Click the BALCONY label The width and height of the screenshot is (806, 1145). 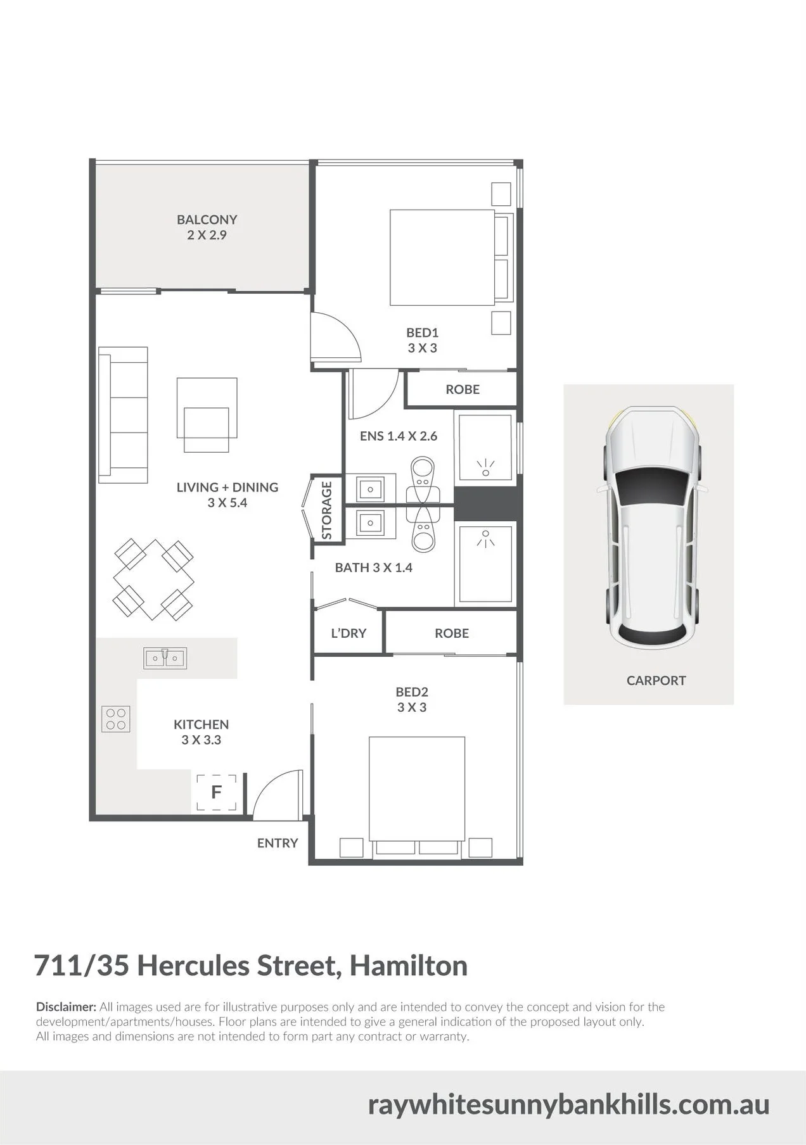[207, 220]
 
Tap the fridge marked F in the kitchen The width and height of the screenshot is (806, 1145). [217, 792]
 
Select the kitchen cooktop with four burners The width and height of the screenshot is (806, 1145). [115, 719]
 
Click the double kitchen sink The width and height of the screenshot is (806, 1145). [165, 658]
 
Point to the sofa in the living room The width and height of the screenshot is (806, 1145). [123, 415]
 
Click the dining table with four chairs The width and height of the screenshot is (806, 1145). [154, 579]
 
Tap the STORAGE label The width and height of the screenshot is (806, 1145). [327, 510]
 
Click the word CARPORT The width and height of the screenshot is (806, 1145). [656, 681]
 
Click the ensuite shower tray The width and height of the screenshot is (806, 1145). [485, 446]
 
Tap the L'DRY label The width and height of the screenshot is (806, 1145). [349, 633]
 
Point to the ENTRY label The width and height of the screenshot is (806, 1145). [278, 843]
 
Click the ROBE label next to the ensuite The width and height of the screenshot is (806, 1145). [463, 389]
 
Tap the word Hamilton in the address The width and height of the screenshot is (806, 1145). [409, 966]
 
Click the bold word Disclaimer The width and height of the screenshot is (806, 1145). [66, 1007]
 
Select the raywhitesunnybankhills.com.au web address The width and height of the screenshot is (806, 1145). [569, 1104]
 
